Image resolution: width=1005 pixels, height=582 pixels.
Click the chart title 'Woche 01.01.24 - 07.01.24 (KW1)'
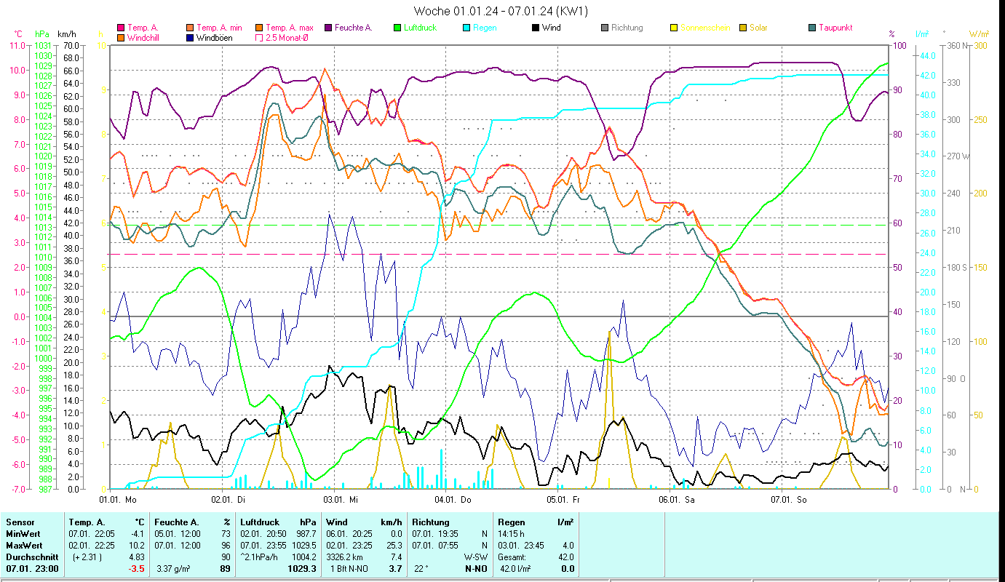pyautogui.click(x=501, y=11)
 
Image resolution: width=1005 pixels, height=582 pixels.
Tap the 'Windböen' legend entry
pyautogui.click(x=211, y=37)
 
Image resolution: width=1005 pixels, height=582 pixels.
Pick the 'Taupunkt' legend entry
pyautogui.click(x=835, y=28)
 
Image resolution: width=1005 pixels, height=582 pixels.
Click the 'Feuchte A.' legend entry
pyautogui.click(x=353, y=28)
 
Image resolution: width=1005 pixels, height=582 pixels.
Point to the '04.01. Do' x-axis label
pyautogui.click(x=453, y=500)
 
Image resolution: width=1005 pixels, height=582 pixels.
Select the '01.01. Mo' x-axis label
pyautogui.click(x=118, y=500)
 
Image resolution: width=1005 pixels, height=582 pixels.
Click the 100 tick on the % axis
pyautogui.click(x=899, y=45)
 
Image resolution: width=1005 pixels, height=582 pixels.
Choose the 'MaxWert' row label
pyautogui.click(x=23, y=545)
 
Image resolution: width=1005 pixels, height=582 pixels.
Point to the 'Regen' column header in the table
pyautogui.click(x=509, y=522)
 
